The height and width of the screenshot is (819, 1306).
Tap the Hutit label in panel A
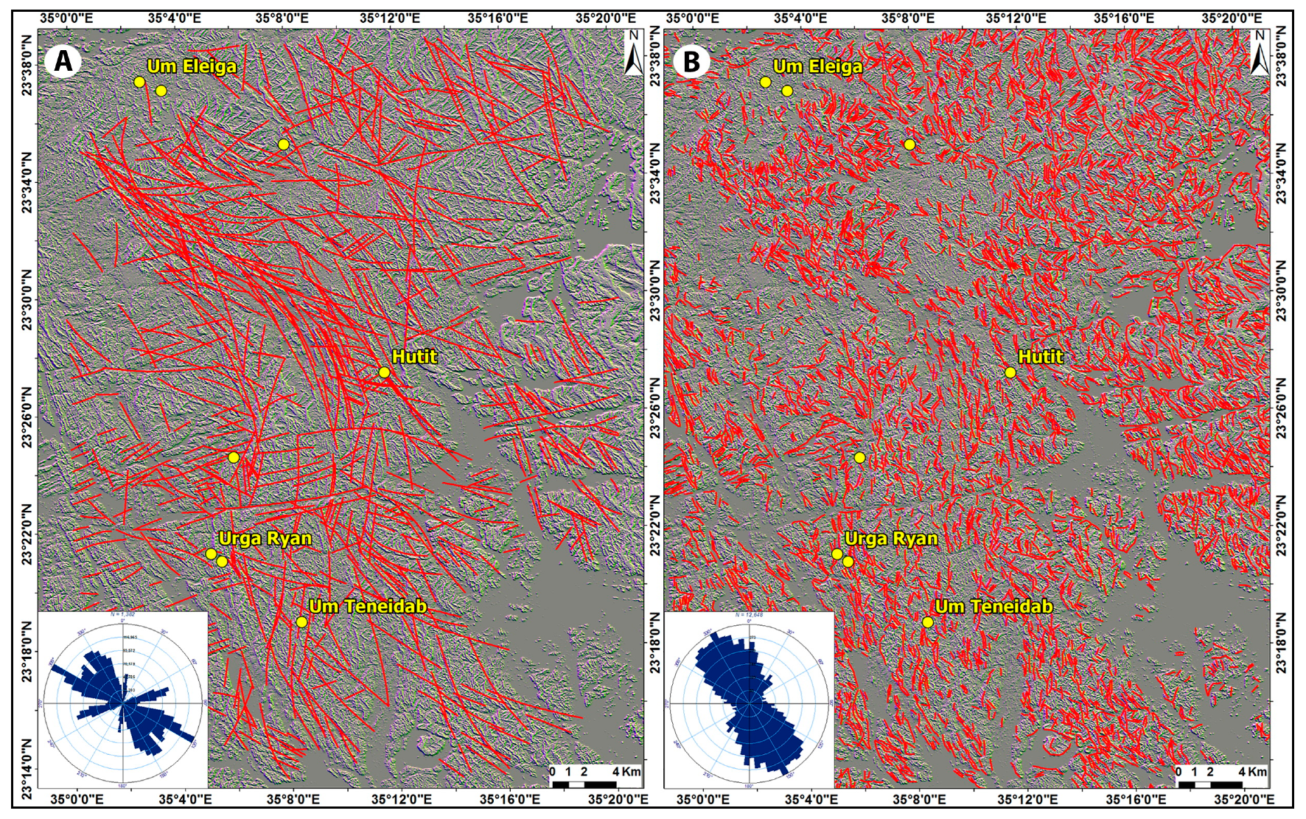tap(414, 357)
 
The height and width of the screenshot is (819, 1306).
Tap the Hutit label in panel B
tap(1040, 357)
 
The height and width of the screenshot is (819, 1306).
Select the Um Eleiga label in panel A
tap(192, 66)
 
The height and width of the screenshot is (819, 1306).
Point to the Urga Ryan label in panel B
tap(891, 538)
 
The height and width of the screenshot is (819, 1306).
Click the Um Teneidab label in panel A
tap(368, 607)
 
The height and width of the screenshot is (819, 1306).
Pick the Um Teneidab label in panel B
tap(994, 607)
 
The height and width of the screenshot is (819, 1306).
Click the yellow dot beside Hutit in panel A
tap(384, 372)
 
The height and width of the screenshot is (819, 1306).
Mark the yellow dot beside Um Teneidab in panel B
tap(928, 622)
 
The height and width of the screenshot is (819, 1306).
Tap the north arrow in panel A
tap(632, 52)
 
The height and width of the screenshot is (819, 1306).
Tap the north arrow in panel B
tap(1259, 52)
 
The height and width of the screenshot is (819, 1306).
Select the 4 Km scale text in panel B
tap(1252, 772)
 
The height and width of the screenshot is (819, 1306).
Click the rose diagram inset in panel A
tap(122, 701)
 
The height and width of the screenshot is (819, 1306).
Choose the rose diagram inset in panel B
tap(749, 701)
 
